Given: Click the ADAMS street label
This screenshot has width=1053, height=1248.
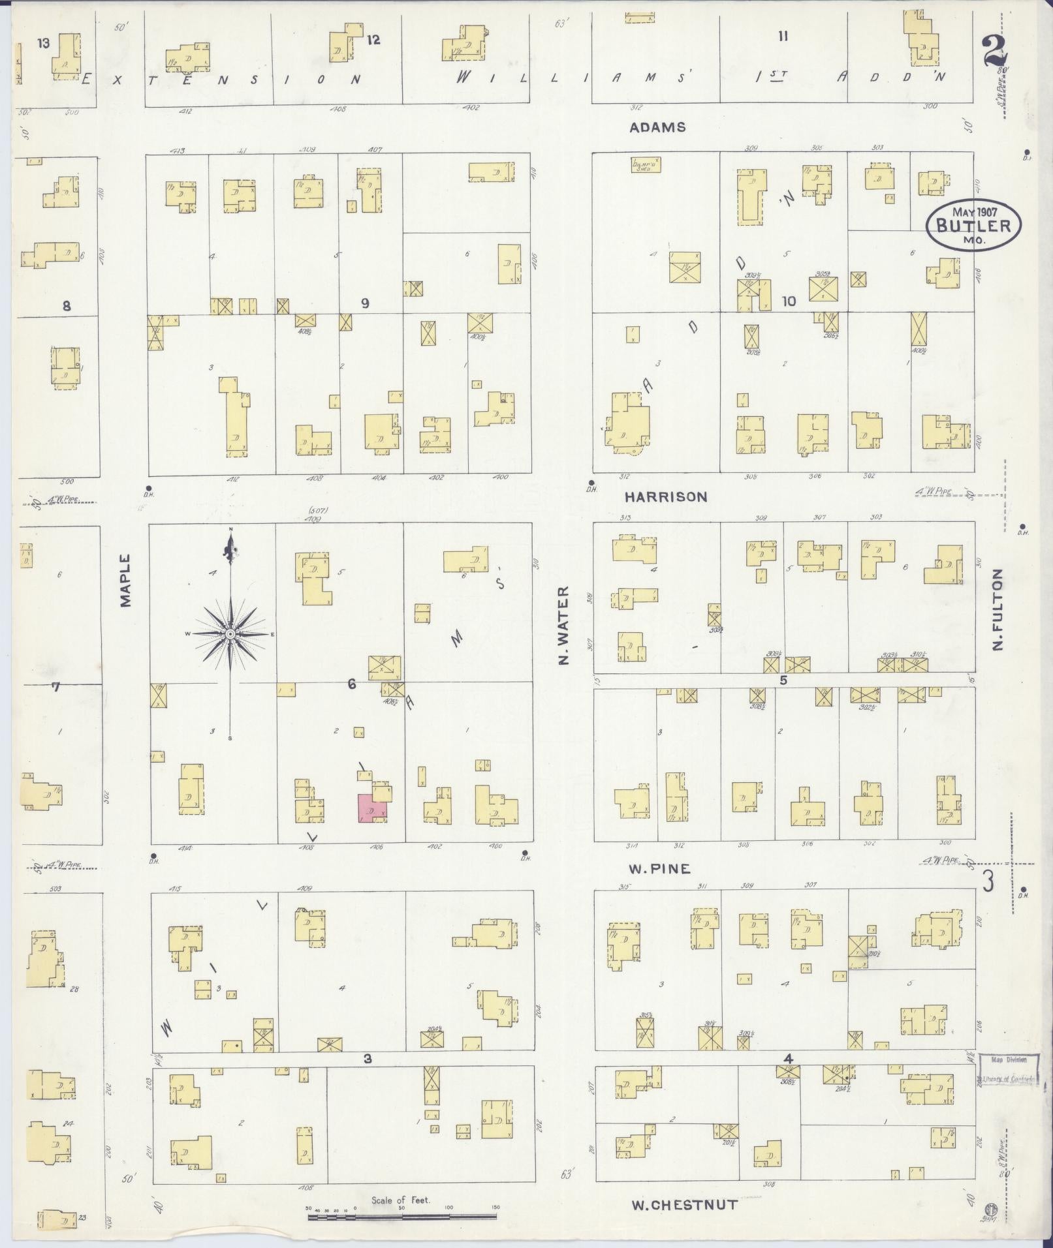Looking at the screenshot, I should [657, 127].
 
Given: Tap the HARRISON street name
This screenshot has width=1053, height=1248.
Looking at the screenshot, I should [665, 497].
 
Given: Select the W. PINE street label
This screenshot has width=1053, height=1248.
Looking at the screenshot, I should [659, 869].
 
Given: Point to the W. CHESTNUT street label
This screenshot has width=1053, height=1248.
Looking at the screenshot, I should [685, 1205].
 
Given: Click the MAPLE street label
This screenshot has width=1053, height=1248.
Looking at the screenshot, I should [125, 581].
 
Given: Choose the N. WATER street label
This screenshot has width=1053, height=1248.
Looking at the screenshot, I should [564, 626].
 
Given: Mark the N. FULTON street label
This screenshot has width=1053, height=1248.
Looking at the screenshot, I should [997, 610].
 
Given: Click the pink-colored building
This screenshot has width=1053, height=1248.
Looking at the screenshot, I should [372, 809].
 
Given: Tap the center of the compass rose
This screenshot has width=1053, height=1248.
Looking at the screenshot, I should [230, 634].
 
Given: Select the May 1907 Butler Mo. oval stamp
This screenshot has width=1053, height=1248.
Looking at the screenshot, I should [973, 225].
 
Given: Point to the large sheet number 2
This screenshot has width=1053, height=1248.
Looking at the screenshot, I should [994, 50].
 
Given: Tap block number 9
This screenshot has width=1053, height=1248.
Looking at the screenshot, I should [365, 303].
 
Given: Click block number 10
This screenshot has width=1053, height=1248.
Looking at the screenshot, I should [789, 301].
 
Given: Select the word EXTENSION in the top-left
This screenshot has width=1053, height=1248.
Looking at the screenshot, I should [222, 80].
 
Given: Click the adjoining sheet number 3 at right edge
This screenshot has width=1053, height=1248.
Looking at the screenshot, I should [988, 882].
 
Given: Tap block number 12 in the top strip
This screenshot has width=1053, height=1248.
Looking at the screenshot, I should [373, 40].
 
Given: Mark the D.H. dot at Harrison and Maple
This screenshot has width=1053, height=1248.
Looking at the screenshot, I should [149, 488].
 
